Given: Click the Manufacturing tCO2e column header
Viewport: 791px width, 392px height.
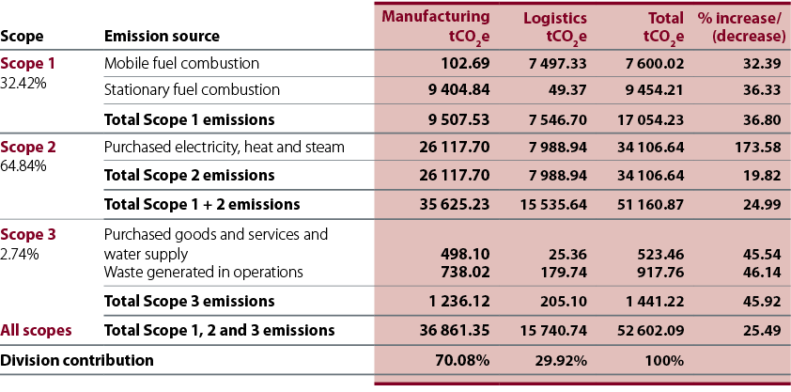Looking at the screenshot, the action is (x=436, y=26).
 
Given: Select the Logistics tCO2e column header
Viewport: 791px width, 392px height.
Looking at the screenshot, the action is (x=555, y=27).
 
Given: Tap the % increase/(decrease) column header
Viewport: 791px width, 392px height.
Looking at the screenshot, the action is (x=741, y=27).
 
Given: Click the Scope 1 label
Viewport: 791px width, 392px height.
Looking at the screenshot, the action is (x=28, y=64).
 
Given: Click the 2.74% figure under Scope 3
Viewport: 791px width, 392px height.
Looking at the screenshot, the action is (x=19, y=254).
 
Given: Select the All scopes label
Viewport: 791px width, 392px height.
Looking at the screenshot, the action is (x=36, y=331).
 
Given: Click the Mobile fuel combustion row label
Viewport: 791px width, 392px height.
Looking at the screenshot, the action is (x=181, y=64).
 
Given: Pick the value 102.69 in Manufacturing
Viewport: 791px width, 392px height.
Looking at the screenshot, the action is (x=465, y=64).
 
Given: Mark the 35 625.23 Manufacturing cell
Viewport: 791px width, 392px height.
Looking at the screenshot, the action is (x=455, y=204).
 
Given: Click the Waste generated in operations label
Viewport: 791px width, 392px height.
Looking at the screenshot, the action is (x=203, y=273).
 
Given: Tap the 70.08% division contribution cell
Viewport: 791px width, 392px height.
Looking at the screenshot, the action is (x=462, y=361).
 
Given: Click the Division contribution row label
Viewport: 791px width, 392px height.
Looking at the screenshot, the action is (x=77, y=361).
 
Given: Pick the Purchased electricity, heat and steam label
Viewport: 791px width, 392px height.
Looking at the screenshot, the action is (x=225, y=148).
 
